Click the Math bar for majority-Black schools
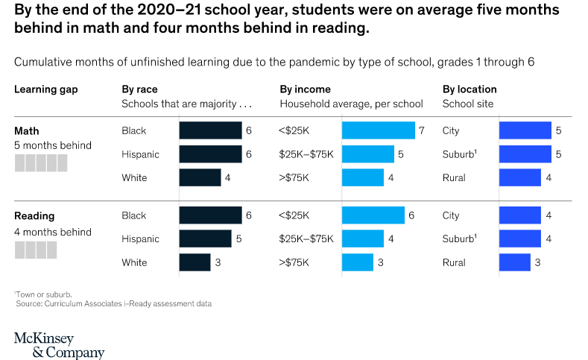click(x=210, y=130)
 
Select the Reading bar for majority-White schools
click(x=195, y=262)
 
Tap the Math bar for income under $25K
click(x=378, y=130)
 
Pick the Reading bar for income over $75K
click(x=357, y=262)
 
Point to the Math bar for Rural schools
click(x=519, y=177)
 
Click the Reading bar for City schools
click(x=519, y=215)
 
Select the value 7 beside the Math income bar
click(x=422, y=130)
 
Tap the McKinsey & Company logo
click(x=59, y=345)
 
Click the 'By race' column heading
click(x=139, y=89)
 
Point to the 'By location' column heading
click(x=470, y=89)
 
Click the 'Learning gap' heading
click(x=45, y=89)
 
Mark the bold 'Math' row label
click(x=27, y=131)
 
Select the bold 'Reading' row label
click(x=34, y=216)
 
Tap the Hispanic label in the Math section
click(x=140, y=154)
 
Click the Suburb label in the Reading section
click(x=458, y=239)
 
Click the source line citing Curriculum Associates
click(x=114, y=304)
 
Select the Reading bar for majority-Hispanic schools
click(x=205, y=239)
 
